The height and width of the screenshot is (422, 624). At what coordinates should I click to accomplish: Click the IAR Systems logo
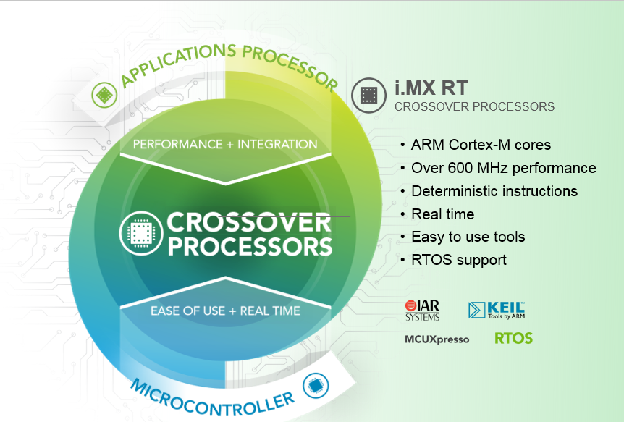click(x=422, y=311)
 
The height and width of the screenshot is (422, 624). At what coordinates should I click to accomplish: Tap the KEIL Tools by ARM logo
click(x=497, y=311)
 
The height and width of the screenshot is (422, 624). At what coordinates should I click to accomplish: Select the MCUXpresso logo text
click(x=437, y=339)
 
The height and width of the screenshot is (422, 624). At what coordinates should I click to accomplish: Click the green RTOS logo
click(x=513, y=339)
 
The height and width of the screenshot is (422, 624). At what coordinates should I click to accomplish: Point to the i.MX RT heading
click(x=431, y=88)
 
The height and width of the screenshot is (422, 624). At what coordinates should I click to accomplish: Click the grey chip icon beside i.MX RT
click(x=368, y=95)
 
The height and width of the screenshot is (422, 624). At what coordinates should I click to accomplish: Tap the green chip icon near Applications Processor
click(x=104, y=95)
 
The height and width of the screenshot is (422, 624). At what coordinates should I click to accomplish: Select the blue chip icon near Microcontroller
click(x=316, y=386)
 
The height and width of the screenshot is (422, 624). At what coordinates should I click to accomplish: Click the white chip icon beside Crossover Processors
click(x=141, y=233)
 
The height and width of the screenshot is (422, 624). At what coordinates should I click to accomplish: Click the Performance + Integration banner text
click(x=225, y=144)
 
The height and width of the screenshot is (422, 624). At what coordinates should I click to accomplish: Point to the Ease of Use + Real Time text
click(x=225, y=311)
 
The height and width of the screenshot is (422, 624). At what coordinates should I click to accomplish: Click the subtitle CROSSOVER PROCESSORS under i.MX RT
click(x=474, y=106)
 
